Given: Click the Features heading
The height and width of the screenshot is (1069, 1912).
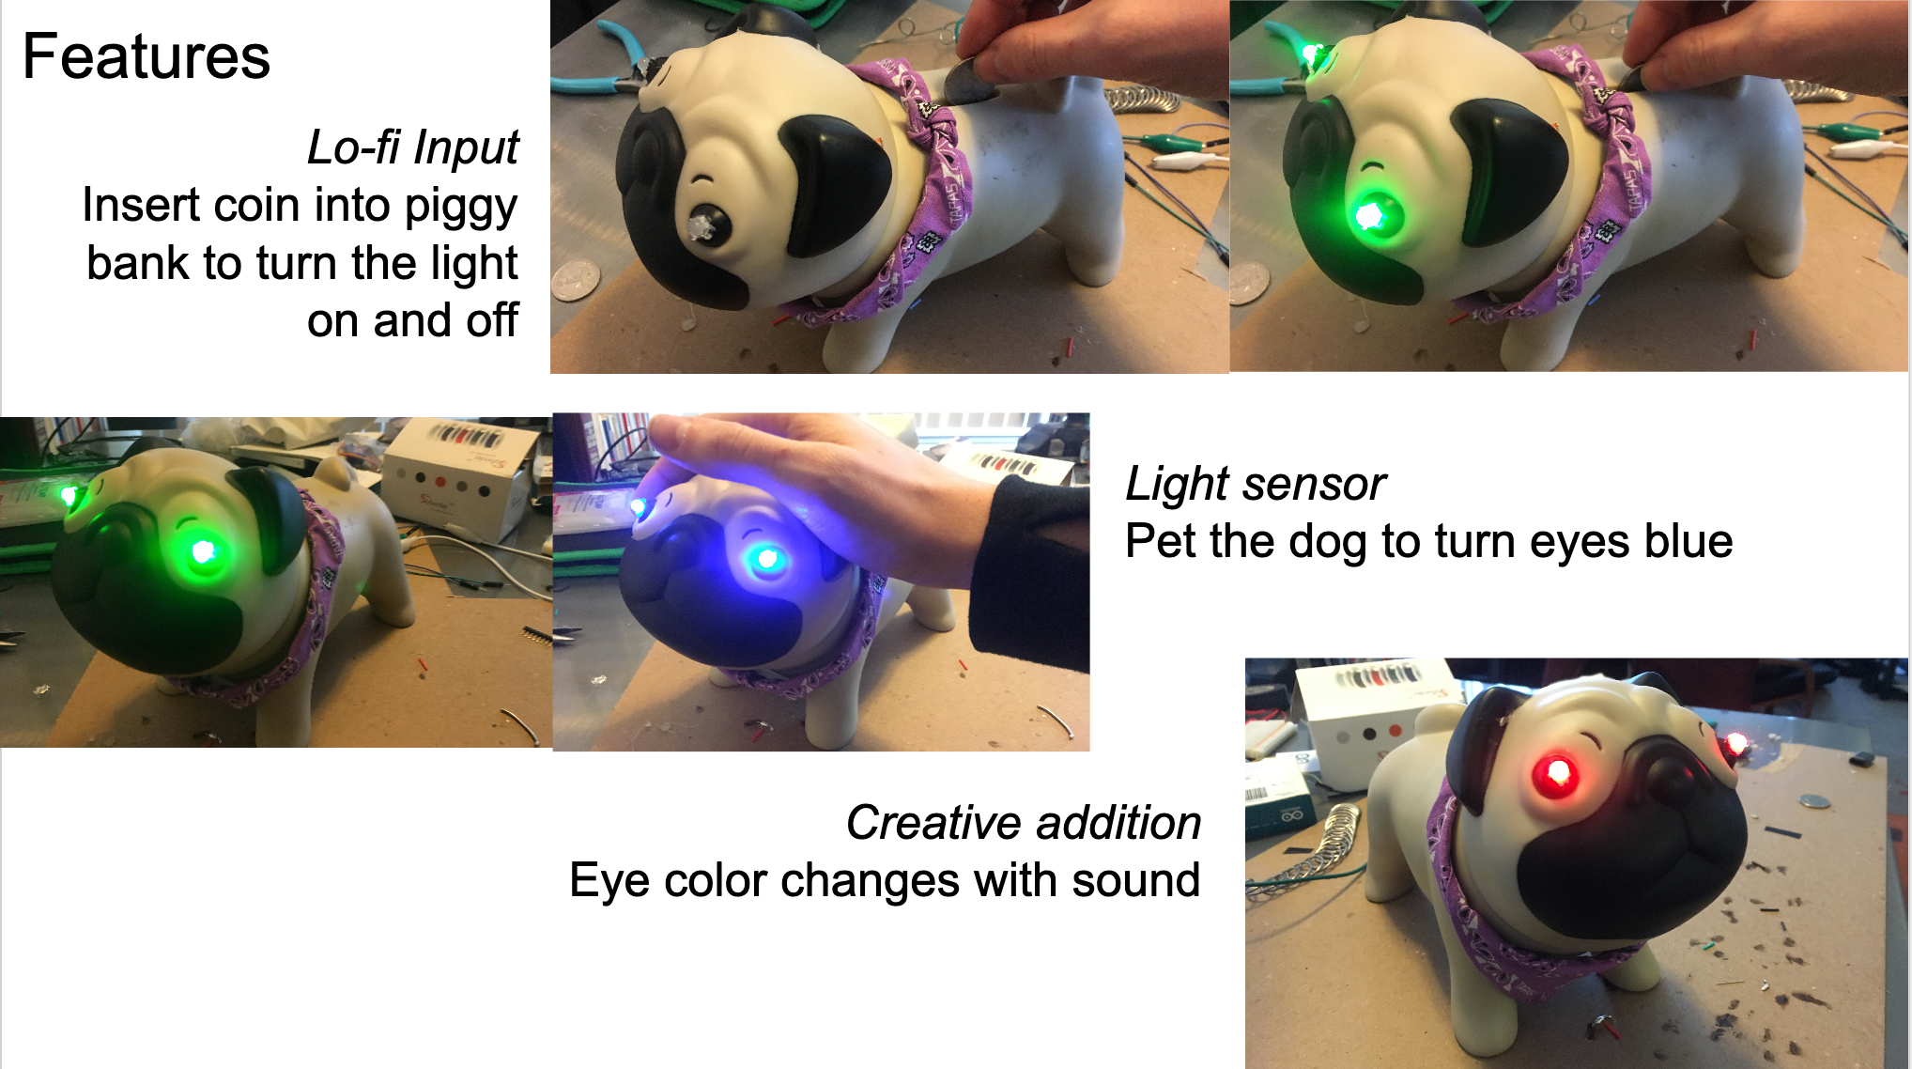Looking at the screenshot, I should [x=146, y=56].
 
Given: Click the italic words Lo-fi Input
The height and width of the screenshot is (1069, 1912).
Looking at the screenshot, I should [x=412, y=147].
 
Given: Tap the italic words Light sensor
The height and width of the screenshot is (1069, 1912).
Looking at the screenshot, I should [x=1255, y=484].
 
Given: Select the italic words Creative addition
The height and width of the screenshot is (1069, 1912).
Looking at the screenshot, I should [x=1023, y=823].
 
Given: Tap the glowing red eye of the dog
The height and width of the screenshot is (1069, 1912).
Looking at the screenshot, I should [x=1555, y=775].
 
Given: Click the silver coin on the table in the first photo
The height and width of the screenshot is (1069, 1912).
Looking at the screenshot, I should [x=575, y=281].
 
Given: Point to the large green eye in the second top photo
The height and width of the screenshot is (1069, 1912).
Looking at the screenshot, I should [x=1371, y=216].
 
